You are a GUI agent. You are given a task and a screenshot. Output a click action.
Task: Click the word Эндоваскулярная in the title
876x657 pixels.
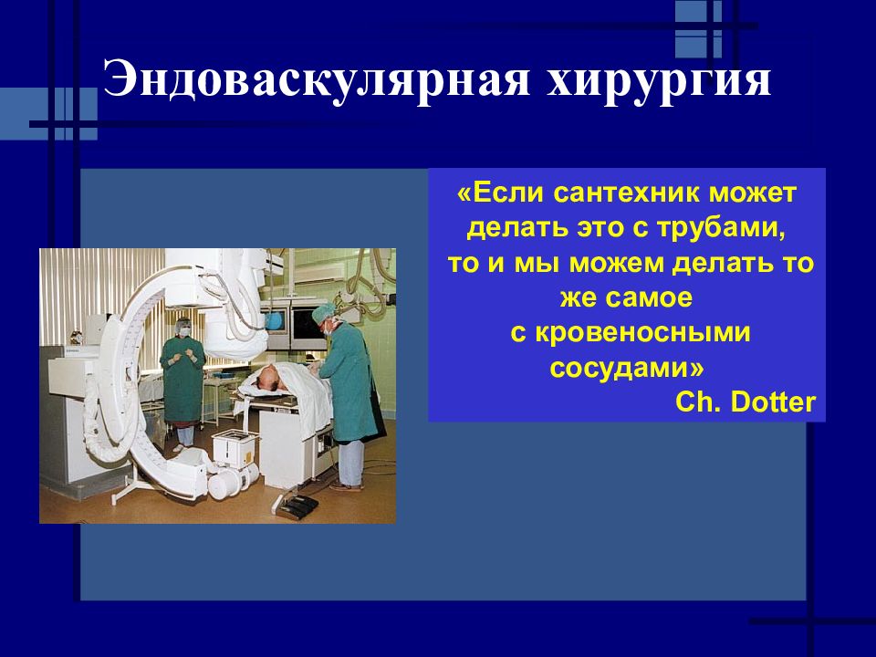click(316, 79)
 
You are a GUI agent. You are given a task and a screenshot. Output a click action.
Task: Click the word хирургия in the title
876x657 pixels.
click(659, 81)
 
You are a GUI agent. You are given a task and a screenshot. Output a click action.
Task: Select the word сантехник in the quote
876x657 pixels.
click(629, 193)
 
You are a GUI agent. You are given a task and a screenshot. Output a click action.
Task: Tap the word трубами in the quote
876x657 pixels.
click(720, 228)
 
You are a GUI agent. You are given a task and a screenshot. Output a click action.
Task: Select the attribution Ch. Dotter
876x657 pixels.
click(746, 402)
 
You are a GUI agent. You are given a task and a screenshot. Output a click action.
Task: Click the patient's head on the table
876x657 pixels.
click(269, 377)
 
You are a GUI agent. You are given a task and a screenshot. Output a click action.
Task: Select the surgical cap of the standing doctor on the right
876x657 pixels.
click(323, 313)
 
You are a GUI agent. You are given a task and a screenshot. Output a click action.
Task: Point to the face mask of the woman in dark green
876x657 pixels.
click(183, 332)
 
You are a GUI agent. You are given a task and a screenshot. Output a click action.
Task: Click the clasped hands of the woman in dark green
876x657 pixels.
click(183, 354)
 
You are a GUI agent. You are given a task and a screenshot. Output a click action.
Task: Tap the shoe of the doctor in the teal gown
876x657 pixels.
click(347, 487)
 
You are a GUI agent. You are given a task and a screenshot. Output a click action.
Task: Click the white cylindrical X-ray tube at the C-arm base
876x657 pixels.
click(230, 481)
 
